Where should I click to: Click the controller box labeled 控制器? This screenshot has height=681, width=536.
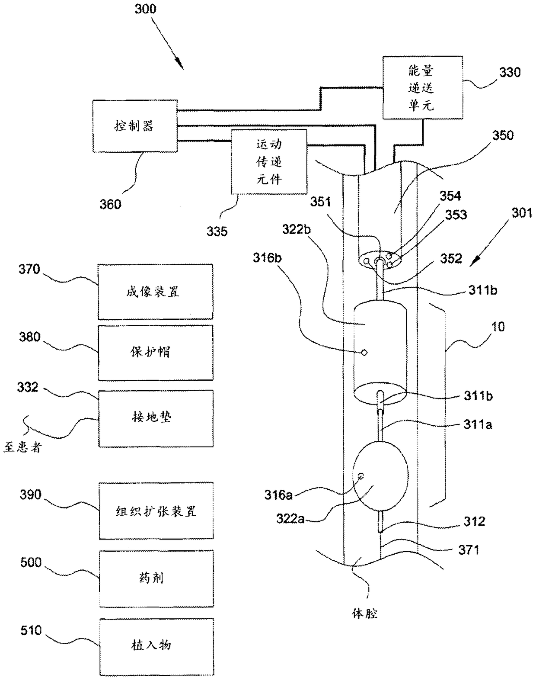pos(135,126)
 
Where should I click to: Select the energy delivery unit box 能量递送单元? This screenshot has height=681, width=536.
pos(423,88)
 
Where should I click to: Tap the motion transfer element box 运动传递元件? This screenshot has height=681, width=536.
pos(269,162)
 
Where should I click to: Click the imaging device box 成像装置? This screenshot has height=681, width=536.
pos(155,292)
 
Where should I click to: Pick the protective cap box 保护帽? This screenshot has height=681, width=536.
pos(156,353)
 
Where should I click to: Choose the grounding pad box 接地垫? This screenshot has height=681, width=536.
pos(156,418)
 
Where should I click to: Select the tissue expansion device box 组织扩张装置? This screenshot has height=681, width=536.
pos(156,511)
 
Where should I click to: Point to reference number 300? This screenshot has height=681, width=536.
pos(146,9)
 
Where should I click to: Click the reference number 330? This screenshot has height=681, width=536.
pos(510,72)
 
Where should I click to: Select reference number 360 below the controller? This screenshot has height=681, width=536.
pos(110,204)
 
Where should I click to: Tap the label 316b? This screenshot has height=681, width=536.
pos(267,258)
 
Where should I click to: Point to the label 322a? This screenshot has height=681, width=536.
pos(290,519)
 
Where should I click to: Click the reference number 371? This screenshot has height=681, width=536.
pos(469,550)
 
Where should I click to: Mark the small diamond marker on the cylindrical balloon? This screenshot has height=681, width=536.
pos(364,352)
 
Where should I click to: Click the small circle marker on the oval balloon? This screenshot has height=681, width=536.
pos(361,475)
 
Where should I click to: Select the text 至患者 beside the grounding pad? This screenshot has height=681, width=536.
pos(22,447)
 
